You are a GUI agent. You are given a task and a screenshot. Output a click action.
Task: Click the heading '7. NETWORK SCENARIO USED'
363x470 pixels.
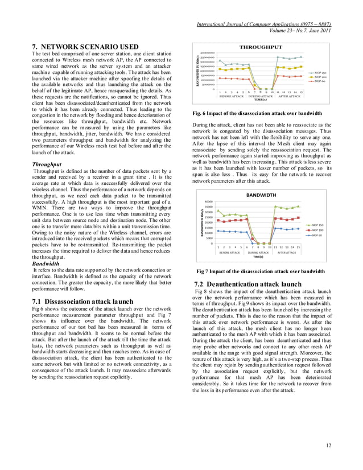(x=85, y=46)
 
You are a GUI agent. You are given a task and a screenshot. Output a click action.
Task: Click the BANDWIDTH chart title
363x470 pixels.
(x=261, y=195)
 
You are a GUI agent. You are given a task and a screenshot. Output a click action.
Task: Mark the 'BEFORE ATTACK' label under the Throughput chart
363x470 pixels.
(x=233, y=96)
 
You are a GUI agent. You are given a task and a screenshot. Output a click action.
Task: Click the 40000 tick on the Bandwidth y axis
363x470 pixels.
(x=208, y=201)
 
